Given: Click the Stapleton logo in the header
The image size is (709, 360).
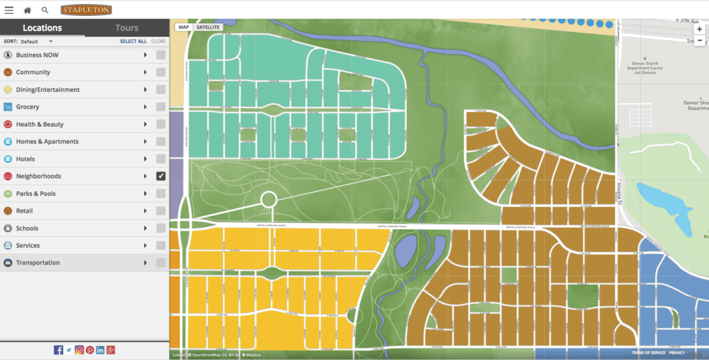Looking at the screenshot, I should pos(86,10).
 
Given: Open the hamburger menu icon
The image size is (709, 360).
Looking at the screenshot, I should pos(9,10).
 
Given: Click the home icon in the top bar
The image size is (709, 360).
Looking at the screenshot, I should pos(28,10).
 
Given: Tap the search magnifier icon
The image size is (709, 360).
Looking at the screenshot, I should pos(45,10).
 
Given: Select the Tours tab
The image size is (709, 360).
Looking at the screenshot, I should pos(127,28).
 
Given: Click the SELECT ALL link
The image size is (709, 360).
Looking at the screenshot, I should pos(133,42).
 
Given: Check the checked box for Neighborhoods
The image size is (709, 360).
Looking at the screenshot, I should pos(161,176).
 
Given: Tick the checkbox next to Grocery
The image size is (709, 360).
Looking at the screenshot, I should pos(161,107).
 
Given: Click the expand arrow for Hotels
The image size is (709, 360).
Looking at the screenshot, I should pos(145,159).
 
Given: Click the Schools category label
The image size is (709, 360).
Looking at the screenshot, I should pos(27,228).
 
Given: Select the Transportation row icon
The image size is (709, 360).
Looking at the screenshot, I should pos(8,262).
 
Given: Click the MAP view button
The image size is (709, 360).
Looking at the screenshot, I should pos(183,27).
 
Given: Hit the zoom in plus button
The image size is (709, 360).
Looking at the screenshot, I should pos(699,29).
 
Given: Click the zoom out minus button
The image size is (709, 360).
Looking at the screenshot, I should pos(699,41).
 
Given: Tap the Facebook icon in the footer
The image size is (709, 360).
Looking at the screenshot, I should pos(58,350).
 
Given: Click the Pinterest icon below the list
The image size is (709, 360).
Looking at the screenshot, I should pos(90,350).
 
